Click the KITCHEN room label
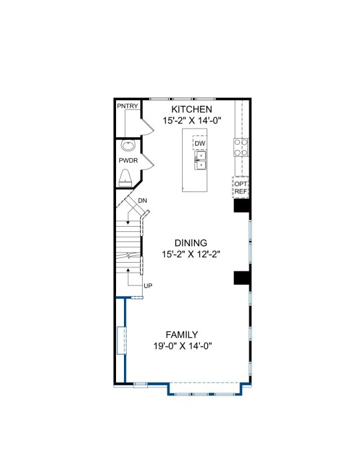tap(192, 109)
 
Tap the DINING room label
tap(191, 243)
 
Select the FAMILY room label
tap(181, 335)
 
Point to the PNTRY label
tap(127, 106)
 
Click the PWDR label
tap(129, 161)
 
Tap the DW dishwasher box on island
tap(200, 143)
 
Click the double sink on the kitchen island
tap(201, 160)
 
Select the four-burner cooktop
tap(241, 147)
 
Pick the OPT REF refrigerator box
tap(241, 187)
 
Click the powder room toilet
tap(125, 178)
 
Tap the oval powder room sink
tap(128, 145)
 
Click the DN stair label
tap(143, 201)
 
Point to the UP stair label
tap(148, 285)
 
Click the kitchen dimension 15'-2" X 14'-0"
tap(192, 121)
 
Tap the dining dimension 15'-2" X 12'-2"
tap(191, 255)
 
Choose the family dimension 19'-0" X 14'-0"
tap(183, 346)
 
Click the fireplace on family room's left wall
tap(121, 340)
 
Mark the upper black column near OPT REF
tap(242, 205)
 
